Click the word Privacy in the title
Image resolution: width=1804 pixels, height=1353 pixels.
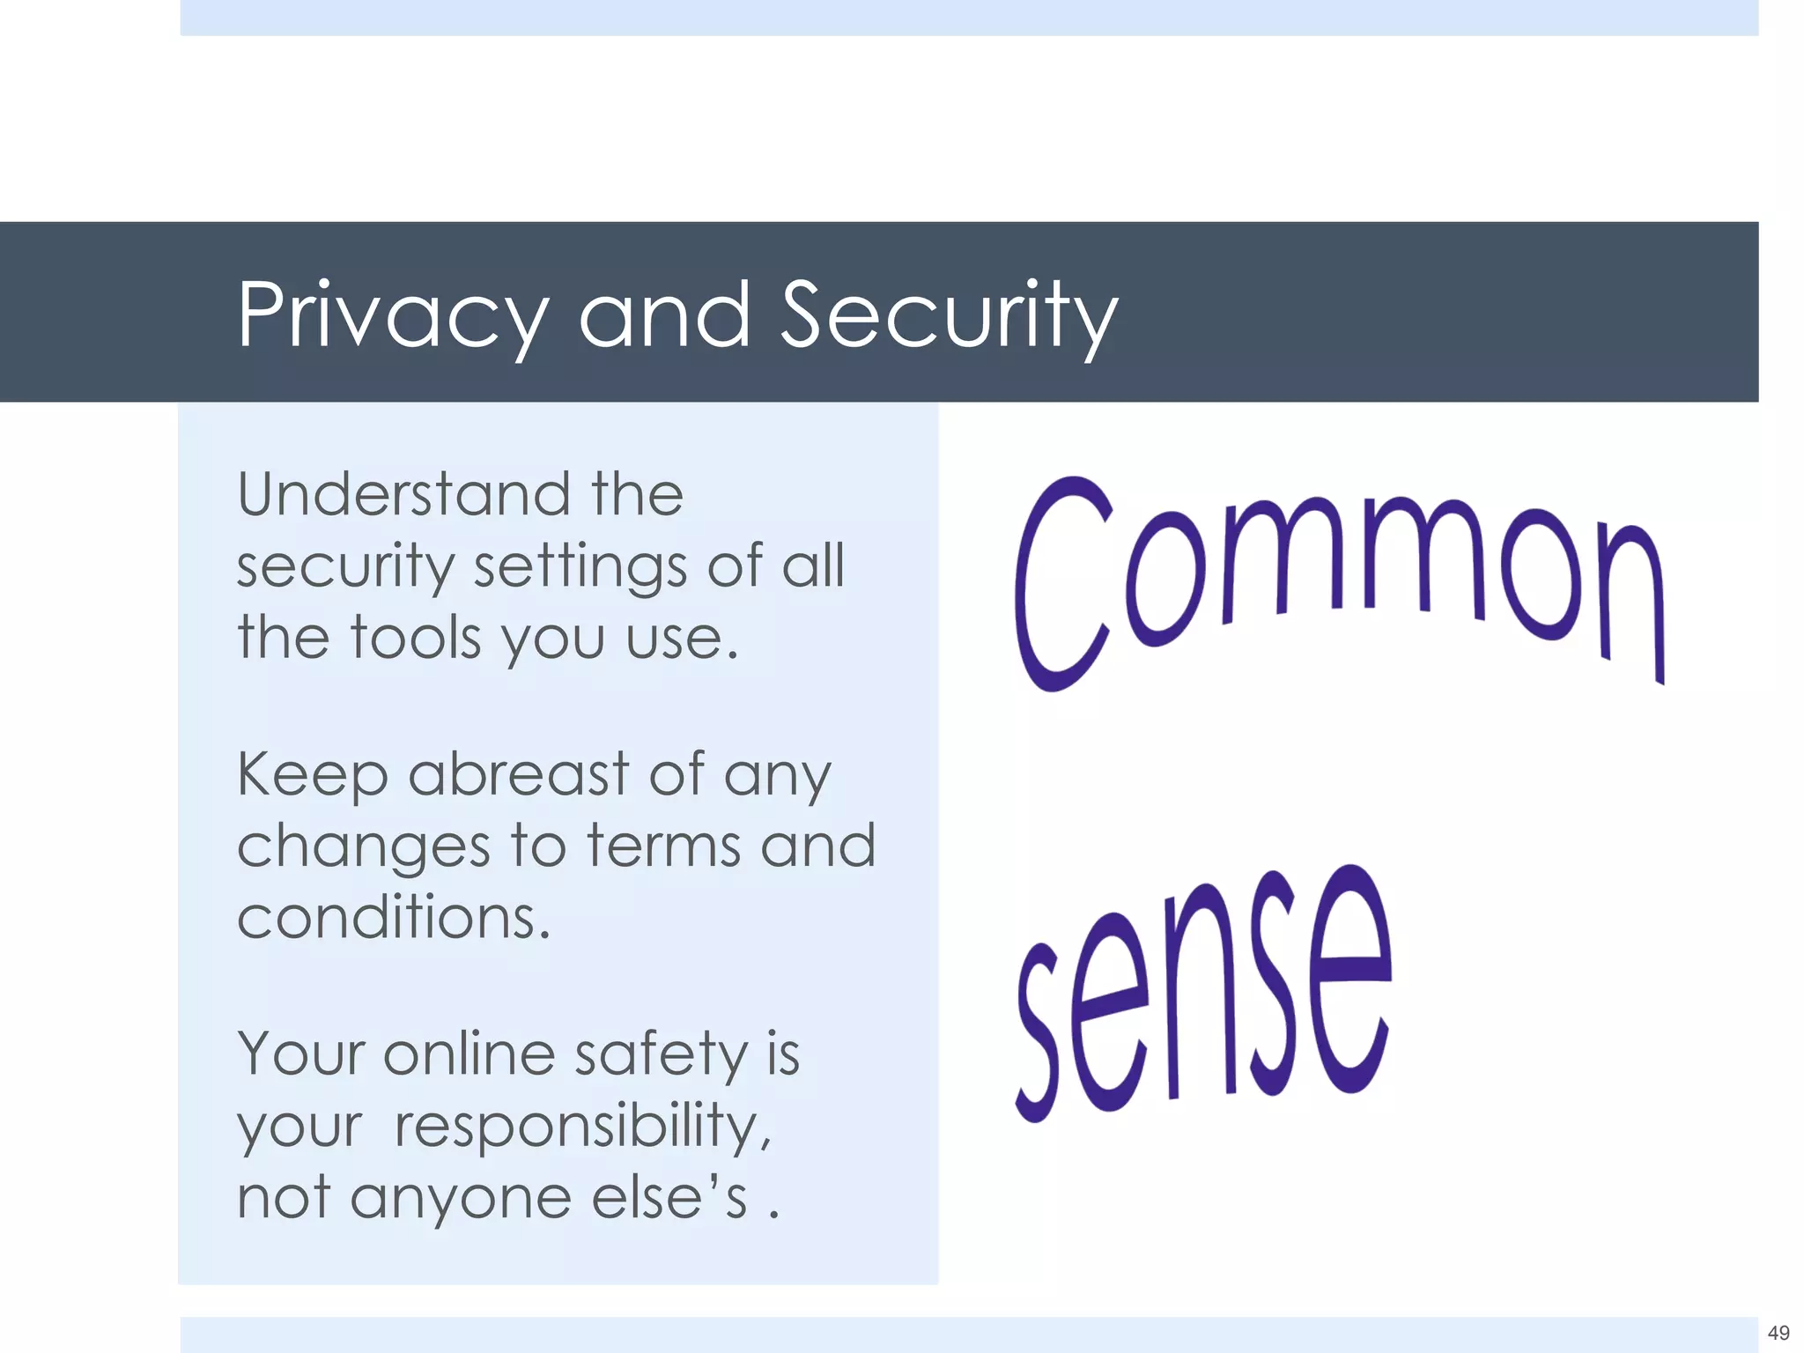click(393, 315)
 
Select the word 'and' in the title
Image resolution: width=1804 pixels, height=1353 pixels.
click(664, 315)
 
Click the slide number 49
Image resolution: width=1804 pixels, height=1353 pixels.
click(1778, 1333)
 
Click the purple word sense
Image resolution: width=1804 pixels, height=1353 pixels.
click(1203, 995)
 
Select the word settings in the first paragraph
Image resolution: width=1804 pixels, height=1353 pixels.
click(580, 566)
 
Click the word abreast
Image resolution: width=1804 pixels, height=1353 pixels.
click(519, 774)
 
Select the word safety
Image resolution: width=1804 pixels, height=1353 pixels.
click(661, 1055)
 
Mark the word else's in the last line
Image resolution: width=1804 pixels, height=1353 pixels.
click(669, 1198)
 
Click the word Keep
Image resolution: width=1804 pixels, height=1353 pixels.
click(312, 776)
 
